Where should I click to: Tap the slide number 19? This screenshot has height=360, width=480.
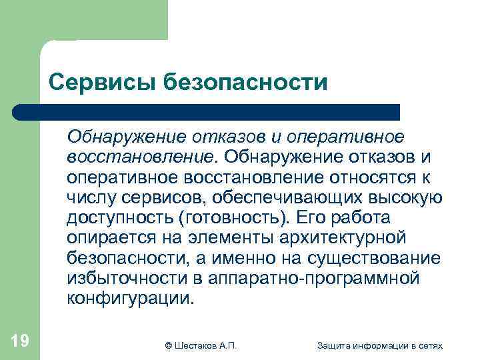[20, 341]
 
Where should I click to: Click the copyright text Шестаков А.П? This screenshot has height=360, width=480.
[201, 345]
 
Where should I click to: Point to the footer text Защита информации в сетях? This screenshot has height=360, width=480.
[380, 345]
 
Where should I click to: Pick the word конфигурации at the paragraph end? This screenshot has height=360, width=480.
[128, 298]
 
